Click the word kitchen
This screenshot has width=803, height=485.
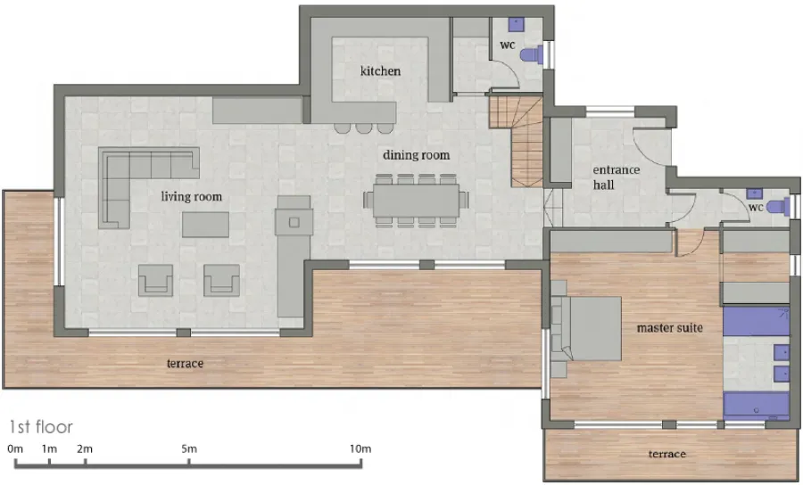coord(380,70)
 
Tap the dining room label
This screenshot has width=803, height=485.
coord(416,155)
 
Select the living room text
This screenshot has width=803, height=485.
coord(192,196)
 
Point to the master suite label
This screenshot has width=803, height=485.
coord(669,327)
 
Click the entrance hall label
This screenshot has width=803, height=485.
coord(616,177)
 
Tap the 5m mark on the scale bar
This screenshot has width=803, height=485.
coord(189,463)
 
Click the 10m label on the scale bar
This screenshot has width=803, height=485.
coord(360,448)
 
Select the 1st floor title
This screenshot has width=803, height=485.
coord(41,427)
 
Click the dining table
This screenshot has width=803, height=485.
coord(417,200)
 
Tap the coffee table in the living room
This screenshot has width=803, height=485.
coord(206,225)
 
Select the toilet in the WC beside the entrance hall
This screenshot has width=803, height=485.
coord(779,207)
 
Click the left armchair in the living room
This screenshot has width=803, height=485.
coord(155,280)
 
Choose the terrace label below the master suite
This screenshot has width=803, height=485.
coord(666,454)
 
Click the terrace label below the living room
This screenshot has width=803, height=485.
coord(185,363)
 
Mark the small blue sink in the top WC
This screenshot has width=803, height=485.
coord(516,23)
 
